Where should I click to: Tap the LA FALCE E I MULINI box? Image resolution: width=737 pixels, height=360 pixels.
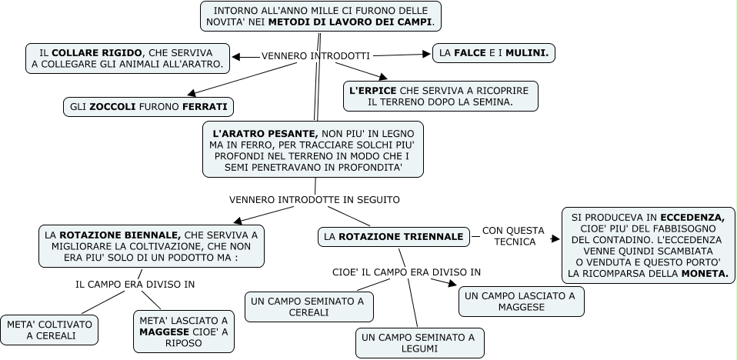tap(494, 53)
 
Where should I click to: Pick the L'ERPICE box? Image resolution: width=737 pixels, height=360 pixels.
tap(439, 96)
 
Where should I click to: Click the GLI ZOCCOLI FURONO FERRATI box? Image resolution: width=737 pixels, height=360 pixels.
tap(148, 106)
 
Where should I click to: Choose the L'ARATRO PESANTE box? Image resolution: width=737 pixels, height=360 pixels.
tap(312, 148)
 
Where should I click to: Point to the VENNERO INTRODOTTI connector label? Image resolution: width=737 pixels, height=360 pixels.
tap(315, 56)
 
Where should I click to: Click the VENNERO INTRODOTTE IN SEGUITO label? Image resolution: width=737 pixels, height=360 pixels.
tap(314, 199)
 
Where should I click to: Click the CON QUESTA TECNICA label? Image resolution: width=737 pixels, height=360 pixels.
tap(513, 236)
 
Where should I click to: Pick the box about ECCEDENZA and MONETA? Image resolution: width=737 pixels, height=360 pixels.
tap(649, 245)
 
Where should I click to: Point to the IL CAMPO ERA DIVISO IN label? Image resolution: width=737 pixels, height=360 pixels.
tap(135, 284)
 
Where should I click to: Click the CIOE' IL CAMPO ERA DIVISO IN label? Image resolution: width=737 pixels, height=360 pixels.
tap(406, 272)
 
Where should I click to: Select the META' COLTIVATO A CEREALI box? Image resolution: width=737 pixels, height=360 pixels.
tap(50, 330)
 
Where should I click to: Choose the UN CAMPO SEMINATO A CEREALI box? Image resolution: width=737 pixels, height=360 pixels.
tap(309, 307)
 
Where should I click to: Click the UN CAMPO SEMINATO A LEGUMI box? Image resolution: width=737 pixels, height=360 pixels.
tap(419, 343)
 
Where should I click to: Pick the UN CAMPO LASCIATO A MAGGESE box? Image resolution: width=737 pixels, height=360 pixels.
tap(521, 302)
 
